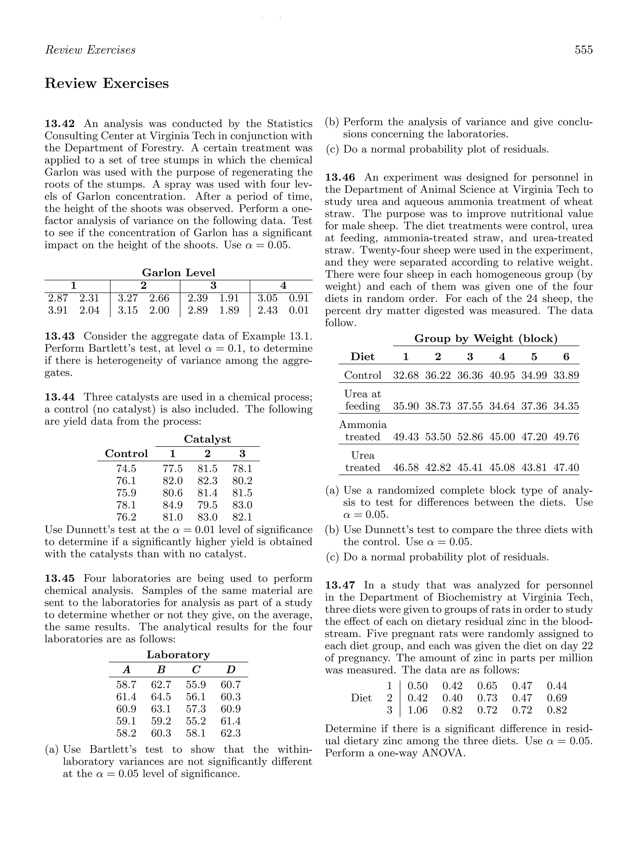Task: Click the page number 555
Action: pyautogui.click(x=583, y=50)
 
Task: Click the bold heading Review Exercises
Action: pyautogui.click(x=107, y=83)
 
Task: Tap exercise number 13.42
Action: pyautogui.click(x=60, y=124)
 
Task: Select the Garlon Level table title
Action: pyautogui.click(x=179, y=273)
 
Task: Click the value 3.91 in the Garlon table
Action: pyautogui.click(x=58, y=310)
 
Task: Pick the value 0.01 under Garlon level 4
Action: pyautogui.click(x=298, y=310)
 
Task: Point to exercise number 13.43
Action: pyautogui.click(x=60, y=336)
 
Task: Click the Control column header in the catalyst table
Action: pyautogui.click(x=126, y=454)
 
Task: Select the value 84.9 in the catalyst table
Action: pyautogui.click(x=173, y=505)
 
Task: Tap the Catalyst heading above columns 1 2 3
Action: pyautogui.click(x=207, y=439)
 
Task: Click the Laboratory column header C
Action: pyautogui.click(x=196, y=669)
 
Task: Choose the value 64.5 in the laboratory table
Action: pyautogui.click(x=161, y=697)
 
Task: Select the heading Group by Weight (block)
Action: pyautogui.click(x=486, y=338)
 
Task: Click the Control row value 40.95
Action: pyautogui.click(x=502, y=375)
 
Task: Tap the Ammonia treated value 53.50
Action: pyautogui.click(x=438, y=437)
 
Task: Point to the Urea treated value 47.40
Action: pyautogui.click(x=566, y=468)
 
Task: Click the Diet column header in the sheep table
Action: pyautogui.click(x=362, y=357)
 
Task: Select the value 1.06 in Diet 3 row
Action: pyautogui.click(x=417, y=710)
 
